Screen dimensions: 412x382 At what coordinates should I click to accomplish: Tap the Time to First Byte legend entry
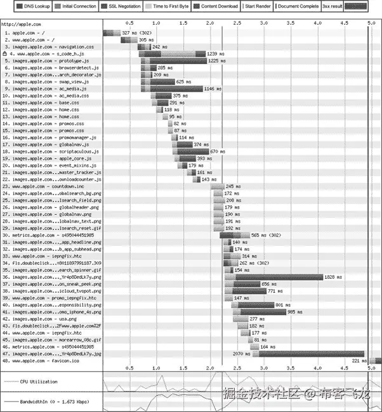click(170, 6)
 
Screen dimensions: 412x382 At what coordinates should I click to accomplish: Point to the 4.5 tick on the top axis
click(343, 23)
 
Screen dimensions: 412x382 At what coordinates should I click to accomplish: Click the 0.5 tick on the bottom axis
click(129, 368)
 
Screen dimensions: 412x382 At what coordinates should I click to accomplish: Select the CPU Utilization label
click(39, 382)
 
